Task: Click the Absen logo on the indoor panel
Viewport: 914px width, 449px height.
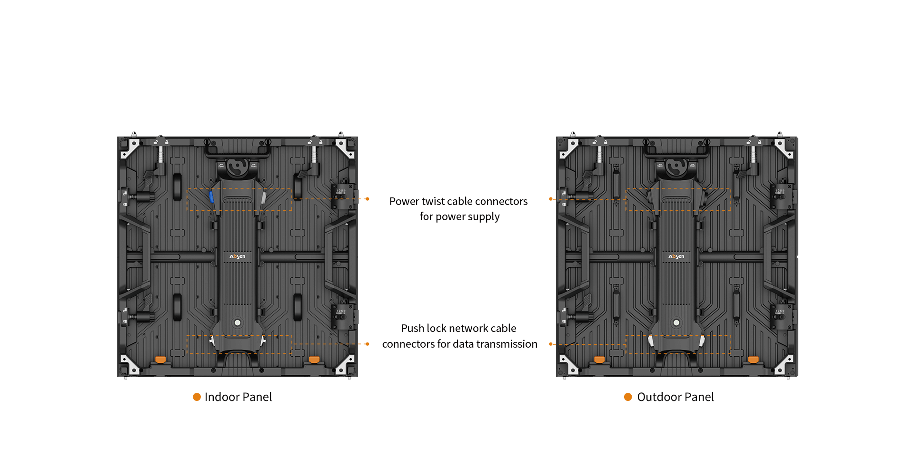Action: [238, 256]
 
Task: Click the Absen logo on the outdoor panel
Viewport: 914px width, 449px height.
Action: [676, 256]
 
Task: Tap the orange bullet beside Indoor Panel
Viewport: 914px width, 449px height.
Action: [197, 397]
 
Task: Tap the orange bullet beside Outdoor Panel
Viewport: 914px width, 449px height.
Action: [628, 397]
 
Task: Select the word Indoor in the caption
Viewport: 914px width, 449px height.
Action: [221, 397]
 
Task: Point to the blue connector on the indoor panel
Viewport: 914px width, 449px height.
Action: [211, 196]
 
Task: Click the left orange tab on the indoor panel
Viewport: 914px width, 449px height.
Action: [161, 360]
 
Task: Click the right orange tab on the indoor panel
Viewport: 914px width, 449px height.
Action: [314, 360]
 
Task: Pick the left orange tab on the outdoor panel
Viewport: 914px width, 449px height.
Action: [600, 360]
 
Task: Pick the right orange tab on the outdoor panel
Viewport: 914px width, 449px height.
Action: [753, 360]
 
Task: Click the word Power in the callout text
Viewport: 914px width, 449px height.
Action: [404, 201]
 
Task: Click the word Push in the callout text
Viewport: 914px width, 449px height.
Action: [412, 328]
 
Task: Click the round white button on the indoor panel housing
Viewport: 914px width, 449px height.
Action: [238, 323]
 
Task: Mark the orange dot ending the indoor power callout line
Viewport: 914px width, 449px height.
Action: [368, 199]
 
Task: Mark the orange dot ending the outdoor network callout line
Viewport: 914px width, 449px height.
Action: [551, 344]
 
